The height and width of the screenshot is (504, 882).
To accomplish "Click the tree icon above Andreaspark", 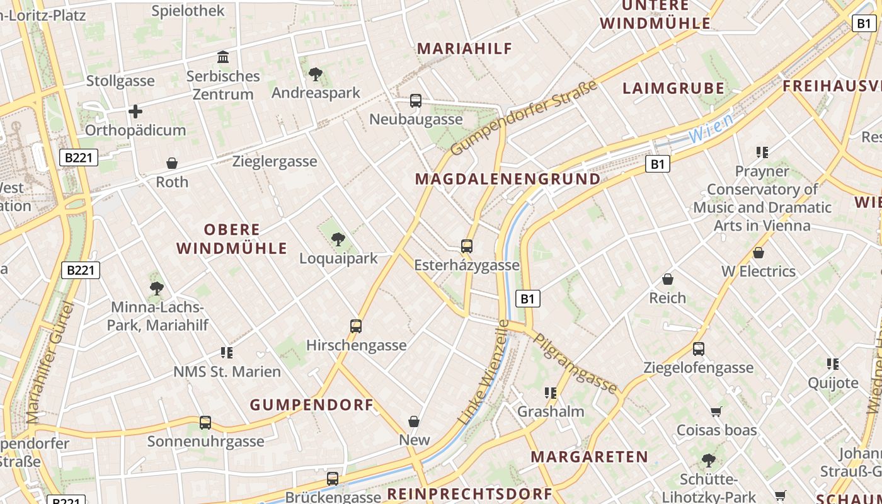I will (316, 74).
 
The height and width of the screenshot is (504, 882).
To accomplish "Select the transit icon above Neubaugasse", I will (416, 101).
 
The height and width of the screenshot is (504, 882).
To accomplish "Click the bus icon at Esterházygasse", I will (467, 246).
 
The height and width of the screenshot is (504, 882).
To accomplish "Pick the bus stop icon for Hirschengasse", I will (356, 326).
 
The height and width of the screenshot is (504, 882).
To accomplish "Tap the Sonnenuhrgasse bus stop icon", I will (205, 423).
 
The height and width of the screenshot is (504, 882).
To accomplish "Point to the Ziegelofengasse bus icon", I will (699, 349).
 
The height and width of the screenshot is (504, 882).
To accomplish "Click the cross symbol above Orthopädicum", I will (135, 112).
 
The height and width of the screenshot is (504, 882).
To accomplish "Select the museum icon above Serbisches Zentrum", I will (223, 57).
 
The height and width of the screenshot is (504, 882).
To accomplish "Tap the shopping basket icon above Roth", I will (172, 164).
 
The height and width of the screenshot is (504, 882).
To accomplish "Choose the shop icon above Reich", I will (668, 279).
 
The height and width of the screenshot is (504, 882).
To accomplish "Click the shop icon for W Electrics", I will (759, 253).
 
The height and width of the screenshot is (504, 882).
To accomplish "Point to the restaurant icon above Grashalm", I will (551, 393).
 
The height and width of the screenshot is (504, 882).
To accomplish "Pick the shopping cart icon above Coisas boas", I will (716, 412).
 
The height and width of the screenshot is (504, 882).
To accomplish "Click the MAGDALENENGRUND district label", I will (508, 179).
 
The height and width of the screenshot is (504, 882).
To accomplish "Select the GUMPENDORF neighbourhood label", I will (312, 404).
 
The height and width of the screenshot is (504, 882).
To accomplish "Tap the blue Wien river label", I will (711, 128).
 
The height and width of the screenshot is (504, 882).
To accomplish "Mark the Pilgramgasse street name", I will (575, 363).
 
